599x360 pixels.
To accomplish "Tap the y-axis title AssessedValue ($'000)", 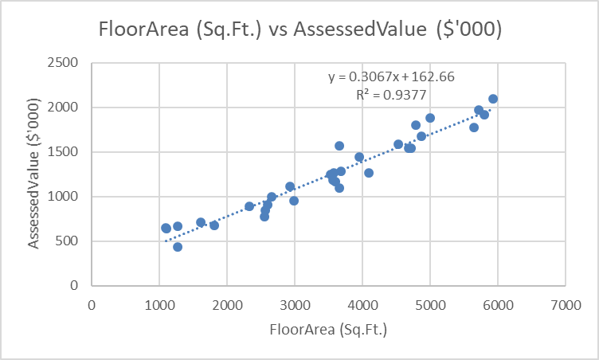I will [x=35, y=174].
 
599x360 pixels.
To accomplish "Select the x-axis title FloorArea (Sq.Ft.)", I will [x=328, y=329].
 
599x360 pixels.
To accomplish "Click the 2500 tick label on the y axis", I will [x=67, y=62].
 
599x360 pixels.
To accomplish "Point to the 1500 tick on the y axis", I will [x=67, y=151].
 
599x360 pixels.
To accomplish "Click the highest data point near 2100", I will [x=493, y=99].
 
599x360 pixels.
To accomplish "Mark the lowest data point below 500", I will [x=178, y=247].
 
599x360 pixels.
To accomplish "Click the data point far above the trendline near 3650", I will [x=339, y=146].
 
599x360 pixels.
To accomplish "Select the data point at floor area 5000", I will [x=430, y=118].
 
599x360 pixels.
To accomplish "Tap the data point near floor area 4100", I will [x=369, y=173].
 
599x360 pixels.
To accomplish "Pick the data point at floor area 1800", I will [x=214, y=225].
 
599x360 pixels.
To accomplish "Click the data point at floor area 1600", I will [x=201, y=222].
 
